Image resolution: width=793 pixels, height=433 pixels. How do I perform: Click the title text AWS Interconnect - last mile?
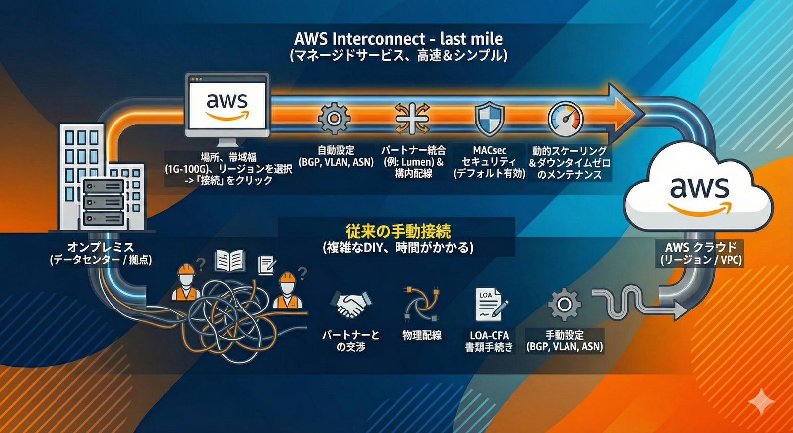[398, 39]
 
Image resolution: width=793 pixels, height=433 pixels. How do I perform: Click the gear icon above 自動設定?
[334, 119]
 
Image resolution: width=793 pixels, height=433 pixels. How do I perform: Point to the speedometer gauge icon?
[566, 119]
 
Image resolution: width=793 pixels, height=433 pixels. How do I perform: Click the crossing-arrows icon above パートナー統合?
[412, 119]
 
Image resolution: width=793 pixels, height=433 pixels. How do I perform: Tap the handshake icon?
[350, 305]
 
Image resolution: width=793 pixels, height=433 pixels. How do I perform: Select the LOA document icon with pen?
[492, 305]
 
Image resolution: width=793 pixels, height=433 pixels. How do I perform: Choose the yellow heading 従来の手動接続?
[398, 232]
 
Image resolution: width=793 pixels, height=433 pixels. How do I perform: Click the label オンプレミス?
[101, 247]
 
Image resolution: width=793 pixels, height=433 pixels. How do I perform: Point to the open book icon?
[230, 261]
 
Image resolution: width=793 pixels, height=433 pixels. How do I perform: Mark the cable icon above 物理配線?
[421, 304]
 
